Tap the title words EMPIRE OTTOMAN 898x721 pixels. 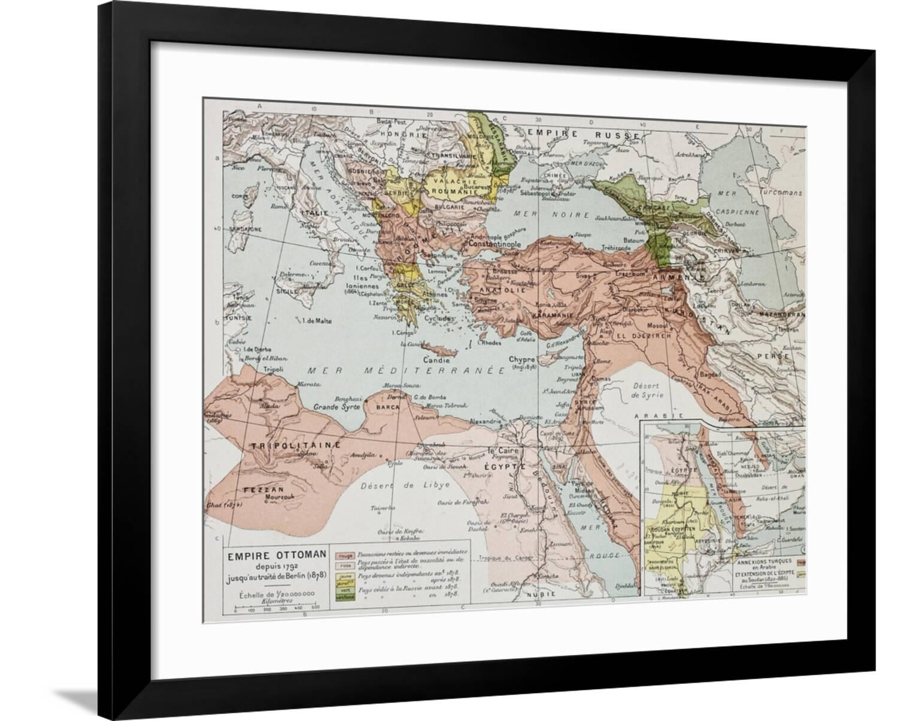click(x=275, y=555)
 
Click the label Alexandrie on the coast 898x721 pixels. click(x=485, y=421)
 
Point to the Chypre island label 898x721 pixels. click(x=520, y=360)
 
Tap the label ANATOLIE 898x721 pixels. click(x=506, y=290)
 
